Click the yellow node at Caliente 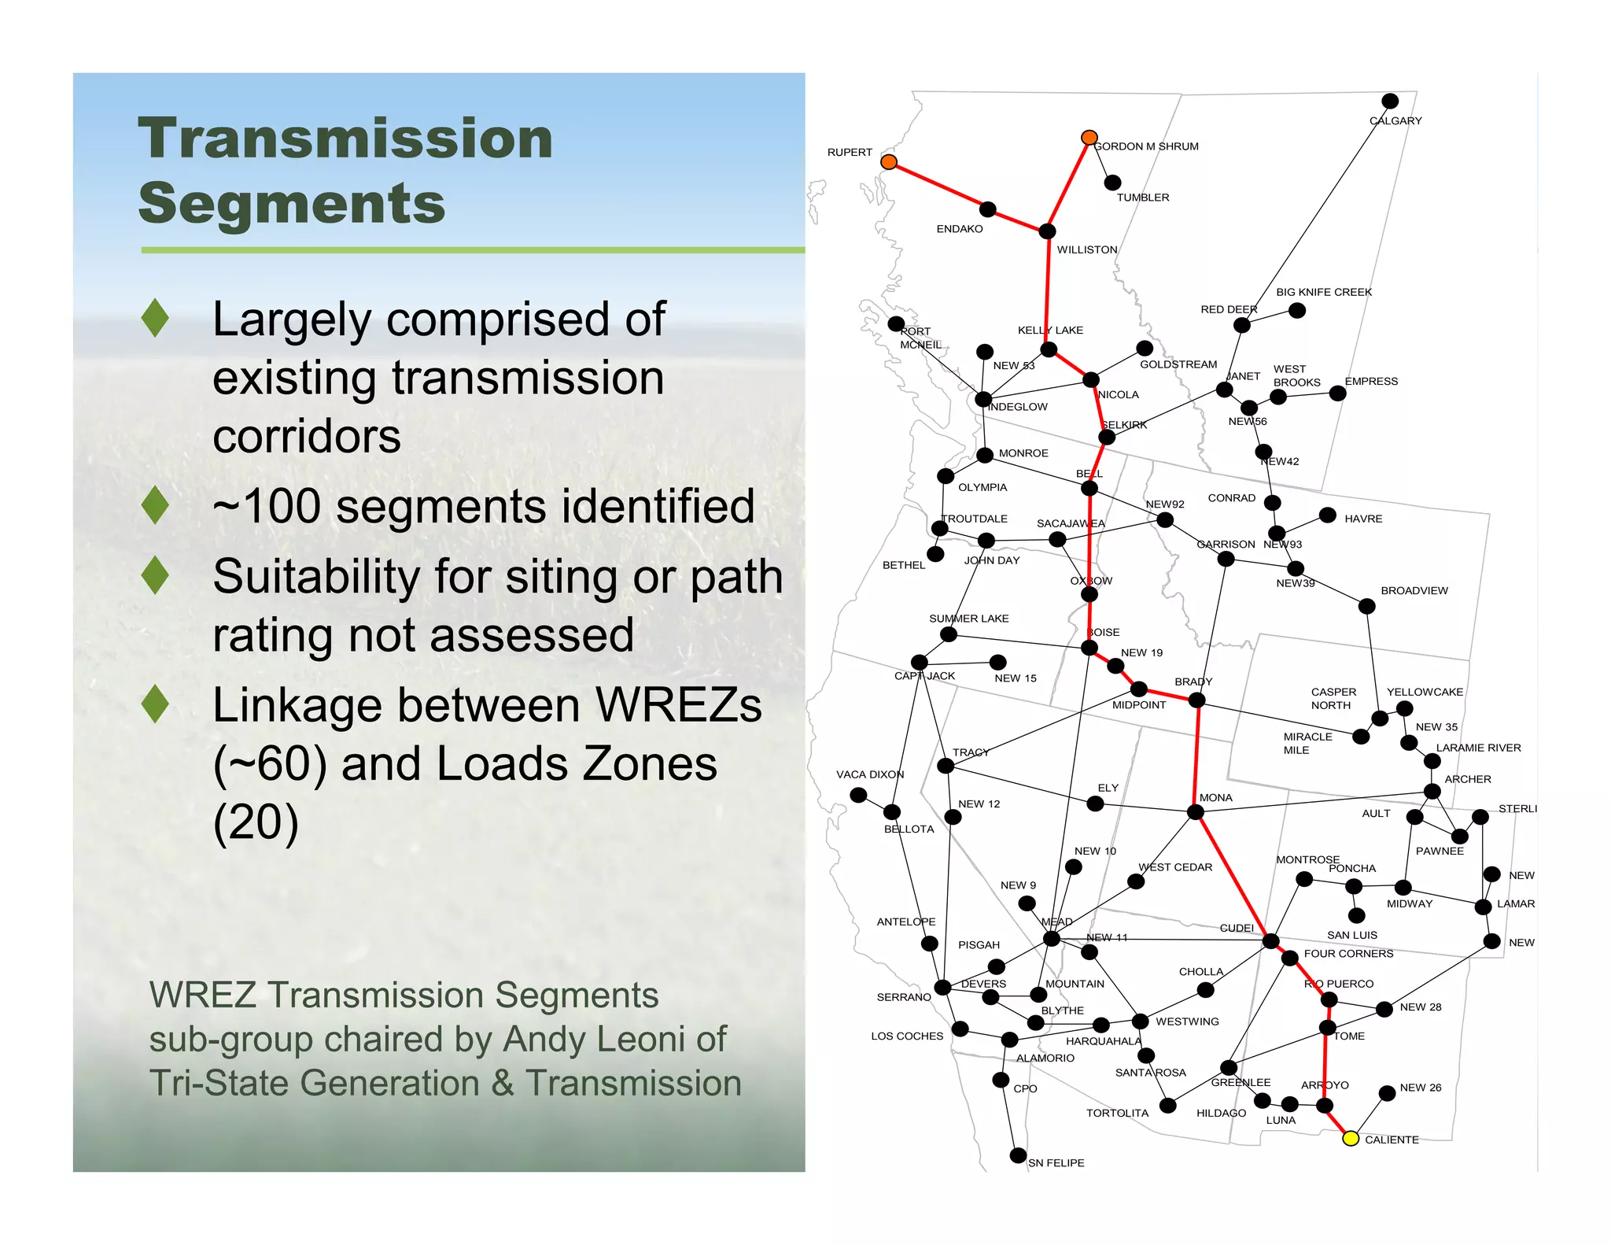(1350, 1138)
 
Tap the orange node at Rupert (889, 162)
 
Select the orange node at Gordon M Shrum (1089, 138)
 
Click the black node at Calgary (1390, 101)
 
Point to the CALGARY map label (1395, 121)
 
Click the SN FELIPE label (1056, 1163)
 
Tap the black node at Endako (988, 209)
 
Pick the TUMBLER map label (1142, 198)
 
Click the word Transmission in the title (345, 139)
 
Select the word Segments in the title (292, 203)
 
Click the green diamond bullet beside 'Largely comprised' (156, 318)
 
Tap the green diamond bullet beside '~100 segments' (156, 505)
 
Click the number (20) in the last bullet (256, 823)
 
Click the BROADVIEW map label (1414, 591)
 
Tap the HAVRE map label (1363, 519)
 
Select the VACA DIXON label (870, 774)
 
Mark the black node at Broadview (1367, 606)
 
